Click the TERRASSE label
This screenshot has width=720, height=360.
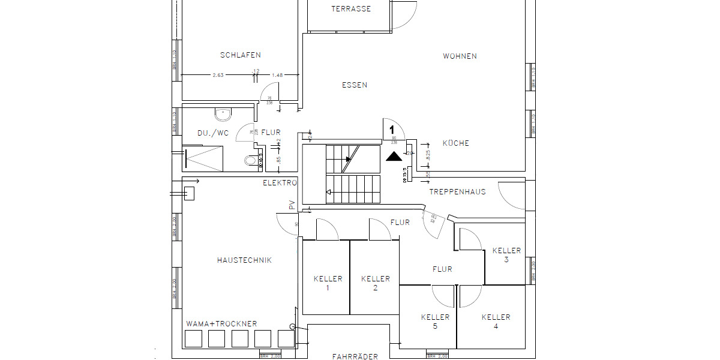point(351,9)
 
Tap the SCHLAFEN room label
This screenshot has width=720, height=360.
point(240,55)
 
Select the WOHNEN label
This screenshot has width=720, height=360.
point(460,56)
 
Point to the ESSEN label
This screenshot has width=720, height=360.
point(355,85)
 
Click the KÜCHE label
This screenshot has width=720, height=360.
point(456,143)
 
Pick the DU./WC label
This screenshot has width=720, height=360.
point(212,133)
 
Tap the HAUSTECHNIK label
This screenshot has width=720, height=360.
point(244,260)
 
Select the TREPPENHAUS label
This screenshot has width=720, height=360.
point(457,192)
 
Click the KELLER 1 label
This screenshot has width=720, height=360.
point(328,283)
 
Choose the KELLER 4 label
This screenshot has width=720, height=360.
point(496,321)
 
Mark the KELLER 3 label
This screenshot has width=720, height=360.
point(506,254)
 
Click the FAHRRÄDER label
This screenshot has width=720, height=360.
point(355,356)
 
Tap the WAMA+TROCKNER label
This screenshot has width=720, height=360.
point(221,324)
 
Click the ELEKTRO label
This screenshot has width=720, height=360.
point(280,182)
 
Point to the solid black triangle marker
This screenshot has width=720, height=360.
point(394,157)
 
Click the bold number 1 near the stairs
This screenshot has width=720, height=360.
point(392,129)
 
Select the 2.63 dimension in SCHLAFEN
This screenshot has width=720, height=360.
point(218,75)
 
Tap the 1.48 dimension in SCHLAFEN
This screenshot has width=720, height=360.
point(277,75)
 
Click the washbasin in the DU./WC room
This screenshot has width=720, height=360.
point(223,112)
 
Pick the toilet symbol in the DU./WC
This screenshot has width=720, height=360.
point(251,160)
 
